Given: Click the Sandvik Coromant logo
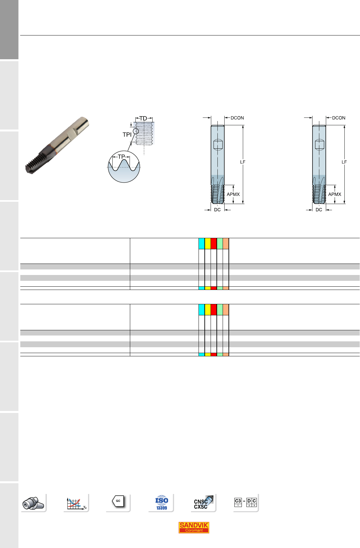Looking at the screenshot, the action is click(x=194, y=527).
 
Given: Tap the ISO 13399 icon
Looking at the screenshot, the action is click(x=161, y=502).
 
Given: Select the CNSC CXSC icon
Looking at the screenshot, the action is click(x=203, y=502).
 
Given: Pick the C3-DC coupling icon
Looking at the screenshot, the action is click(x=245, y=502).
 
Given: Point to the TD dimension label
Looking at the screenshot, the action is click(x=143, y=118).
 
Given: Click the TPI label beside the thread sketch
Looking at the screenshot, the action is click(x=127, y=134).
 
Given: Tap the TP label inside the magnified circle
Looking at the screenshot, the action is click(x=121, y=157).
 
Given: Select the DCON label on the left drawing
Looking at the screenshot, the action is click(x=237, y=118).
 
